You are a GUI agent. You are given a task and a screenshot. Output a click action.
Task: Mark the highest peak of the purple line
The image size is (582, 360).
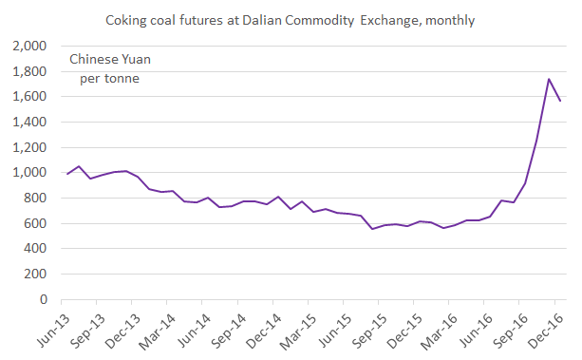click(549, 79)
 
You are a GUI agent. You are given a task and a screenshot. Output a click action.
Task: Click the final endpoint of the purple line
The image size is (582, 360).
click(561, 101)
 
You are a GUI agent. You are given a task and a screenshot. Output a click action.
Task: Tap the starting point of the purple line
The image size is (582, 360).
click(67, 174)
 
